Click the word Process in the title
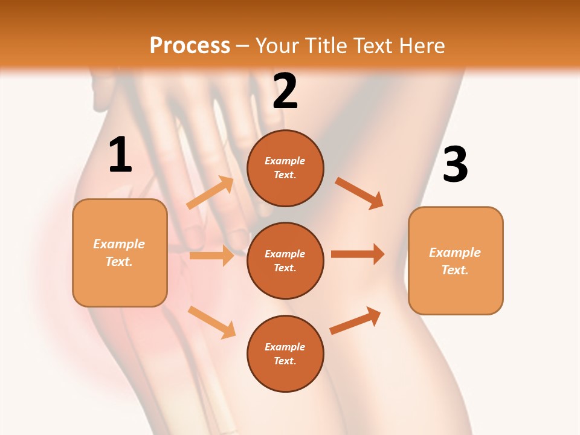[x=190, y=45]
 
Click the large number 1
[x=120, y=155]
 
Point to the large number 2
[x=285, y=91]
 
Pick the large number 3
[x=455, y=164]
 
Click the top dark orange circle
[x=285, y=168]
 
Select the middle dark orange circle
[x=285, y=261]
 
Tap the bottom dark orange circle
[x=285, y=354]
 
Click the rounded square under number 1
[x=120, y=253]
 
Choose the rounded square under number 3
[x=456, y=261]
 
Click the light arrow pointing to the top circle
[x=210, y=193]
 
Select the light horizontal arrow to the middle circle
[x=211, y=256]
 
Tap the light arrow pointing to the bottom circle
[x=211, y=322]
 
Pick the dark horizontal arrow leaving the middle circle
[x=358, y=254]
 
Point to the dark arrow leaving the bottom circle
[x=355, y=321]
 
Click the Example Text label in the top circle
[x=285, y=168]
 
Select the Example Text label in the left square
[x=119, y=253]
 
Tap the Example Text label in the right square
[x=455, y=261]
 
